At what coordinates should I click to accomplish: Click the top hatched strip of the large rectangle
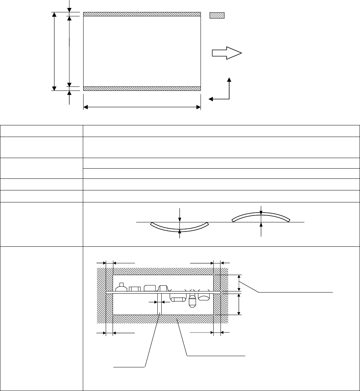click(x=142, y=14)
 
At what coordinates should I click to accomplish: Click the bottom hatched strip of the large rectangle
click(x=142, y=89)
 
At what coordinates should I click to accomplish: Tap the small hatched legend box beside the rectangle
click(x=217, y=16)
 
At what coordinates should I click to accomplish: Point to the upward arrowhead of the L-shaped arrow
click(x=229, y=80)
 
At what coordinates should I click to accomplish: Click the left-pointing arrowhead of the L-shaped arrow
click(x=211, y=98)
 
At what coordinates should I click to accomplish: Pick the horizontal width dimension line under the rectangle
click(x=142, y=107)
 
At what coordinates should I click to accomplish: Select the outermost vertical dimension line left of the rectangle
click(x=54, y=51)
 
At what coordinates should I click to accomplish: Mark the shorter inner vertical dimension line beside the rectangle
click(x=69, y=51)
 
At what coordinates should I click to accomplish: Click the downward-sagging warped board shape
click(x=180, y=227)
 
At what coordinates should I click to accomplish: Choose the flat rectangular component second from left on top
click(x=135, y=289)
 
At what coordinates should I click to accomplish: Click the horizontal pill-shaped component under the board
click(x=178, y=299)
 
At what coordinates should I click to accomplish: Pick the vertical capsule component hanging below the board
click(x=193, y=301)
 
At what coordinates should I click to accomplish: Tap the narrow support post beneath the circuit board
click(x=159, y=304)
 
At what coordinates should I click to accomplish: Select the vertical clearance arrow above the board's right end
click(x=239, y=282)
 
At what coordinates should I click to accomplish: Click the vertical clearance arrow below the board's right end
click(x=239, y=304)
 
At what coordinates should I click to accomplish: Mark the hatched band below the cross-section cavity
click(x=163, y=319)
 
